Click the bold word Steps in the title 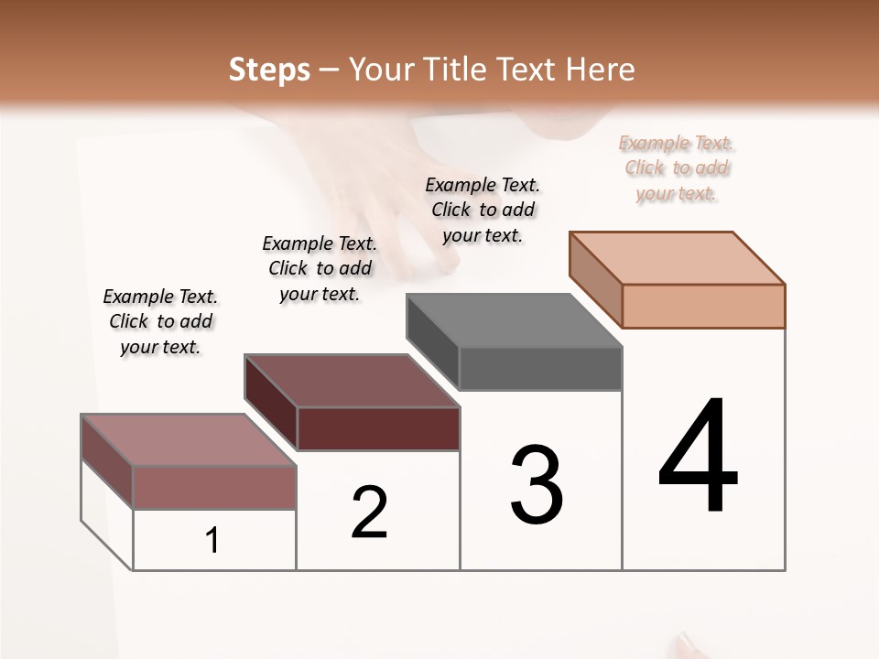point(269,70)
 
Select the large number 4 point(698,457)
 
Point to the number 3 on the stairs point(537,484)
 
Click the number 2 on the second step point(370,513)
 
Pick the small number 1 point(212,541)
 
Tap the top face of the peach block point(678,258)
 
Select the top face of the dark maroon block point(352,381)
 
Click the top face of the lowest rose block point(188,440)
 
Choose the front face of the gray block point(540,369)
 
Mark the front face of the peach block point(703,306)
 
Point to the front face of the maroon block point(378,428)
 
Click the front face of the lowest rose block point(214,487)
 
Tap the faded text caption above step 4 point(677,168)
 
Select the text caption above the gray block point(483,210)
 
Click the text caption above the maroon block point(320,268)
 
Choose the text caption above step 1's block point(160,321)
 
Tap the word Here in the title point(604,70)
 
